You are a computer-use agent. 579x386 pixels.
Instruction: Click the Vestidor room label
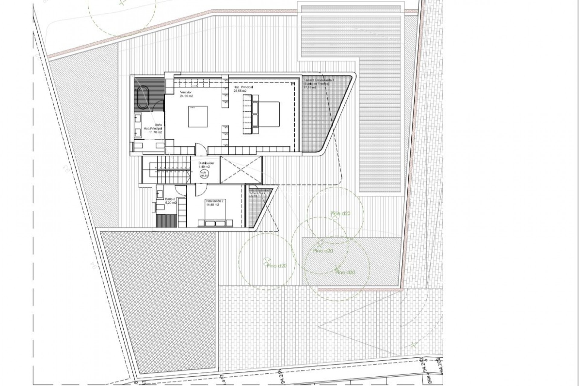pyautogui.click(x=186, y=94)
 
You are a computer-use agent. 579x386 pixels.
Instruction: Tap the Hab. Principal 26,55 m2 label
pyautogui.click(x=243, y=89)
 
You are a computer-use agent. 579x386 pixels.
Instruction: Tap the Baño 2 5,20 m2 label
pyautogui.click(x=170, y=201)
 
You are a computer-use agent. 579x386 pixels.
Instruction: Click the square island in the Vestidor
pyautogui.click(x=198, y=116)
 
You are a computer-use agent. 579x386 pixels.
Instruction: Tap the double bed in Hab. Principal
pyautogui.click(x=265, y=114)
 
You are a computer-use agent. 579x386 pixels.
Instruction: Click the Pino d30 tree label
pyautogui.click(x=346, y=272)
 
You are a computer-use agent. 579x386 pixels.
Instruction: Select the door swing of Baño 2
pyautogui.click(x=180, y=189)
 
